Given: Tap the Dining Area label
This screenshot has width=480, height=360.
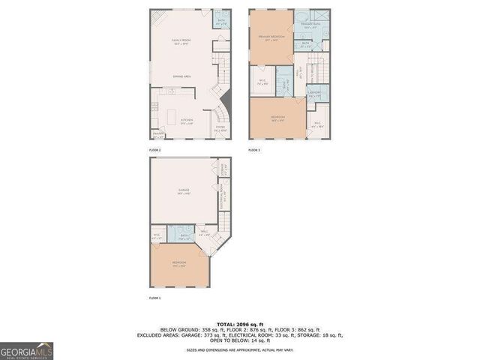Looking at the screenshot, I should point(181,76).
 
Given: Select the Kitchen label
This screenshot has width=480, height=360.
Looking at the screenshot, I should point(187,121).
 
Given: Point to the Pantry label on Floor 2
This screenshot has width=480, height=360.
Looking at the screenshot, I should point(158,136).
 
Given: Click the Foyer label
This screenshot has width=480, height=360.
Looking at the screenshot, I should point(220,128).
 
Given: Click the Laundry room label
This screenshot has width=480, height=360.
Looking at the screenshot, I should point(314,94).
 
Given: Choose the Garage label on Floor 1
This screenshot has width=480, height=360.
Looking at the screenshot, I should point(184,192).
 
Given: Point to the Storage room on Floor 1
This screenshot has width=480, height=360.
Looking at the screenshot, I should point(223,169).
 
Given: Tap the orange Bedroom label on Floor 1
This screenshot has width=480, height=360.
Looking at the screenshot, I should point(179,263).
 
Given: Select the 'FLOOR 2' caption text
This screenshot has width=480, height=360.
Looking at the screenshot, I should point(155,150).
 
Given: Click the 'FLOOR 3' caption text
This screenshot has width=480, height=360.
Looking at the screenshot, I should point(255,150).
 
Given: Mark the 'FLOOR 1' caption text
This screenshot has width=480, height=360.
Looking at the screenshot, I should point(155,298).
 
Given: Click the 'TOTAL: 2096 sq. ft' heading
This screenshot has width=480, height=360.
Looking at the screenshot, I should point(240,324).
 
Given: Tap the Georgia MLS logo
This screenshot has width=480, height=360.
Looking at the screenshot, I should point(25,351).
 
